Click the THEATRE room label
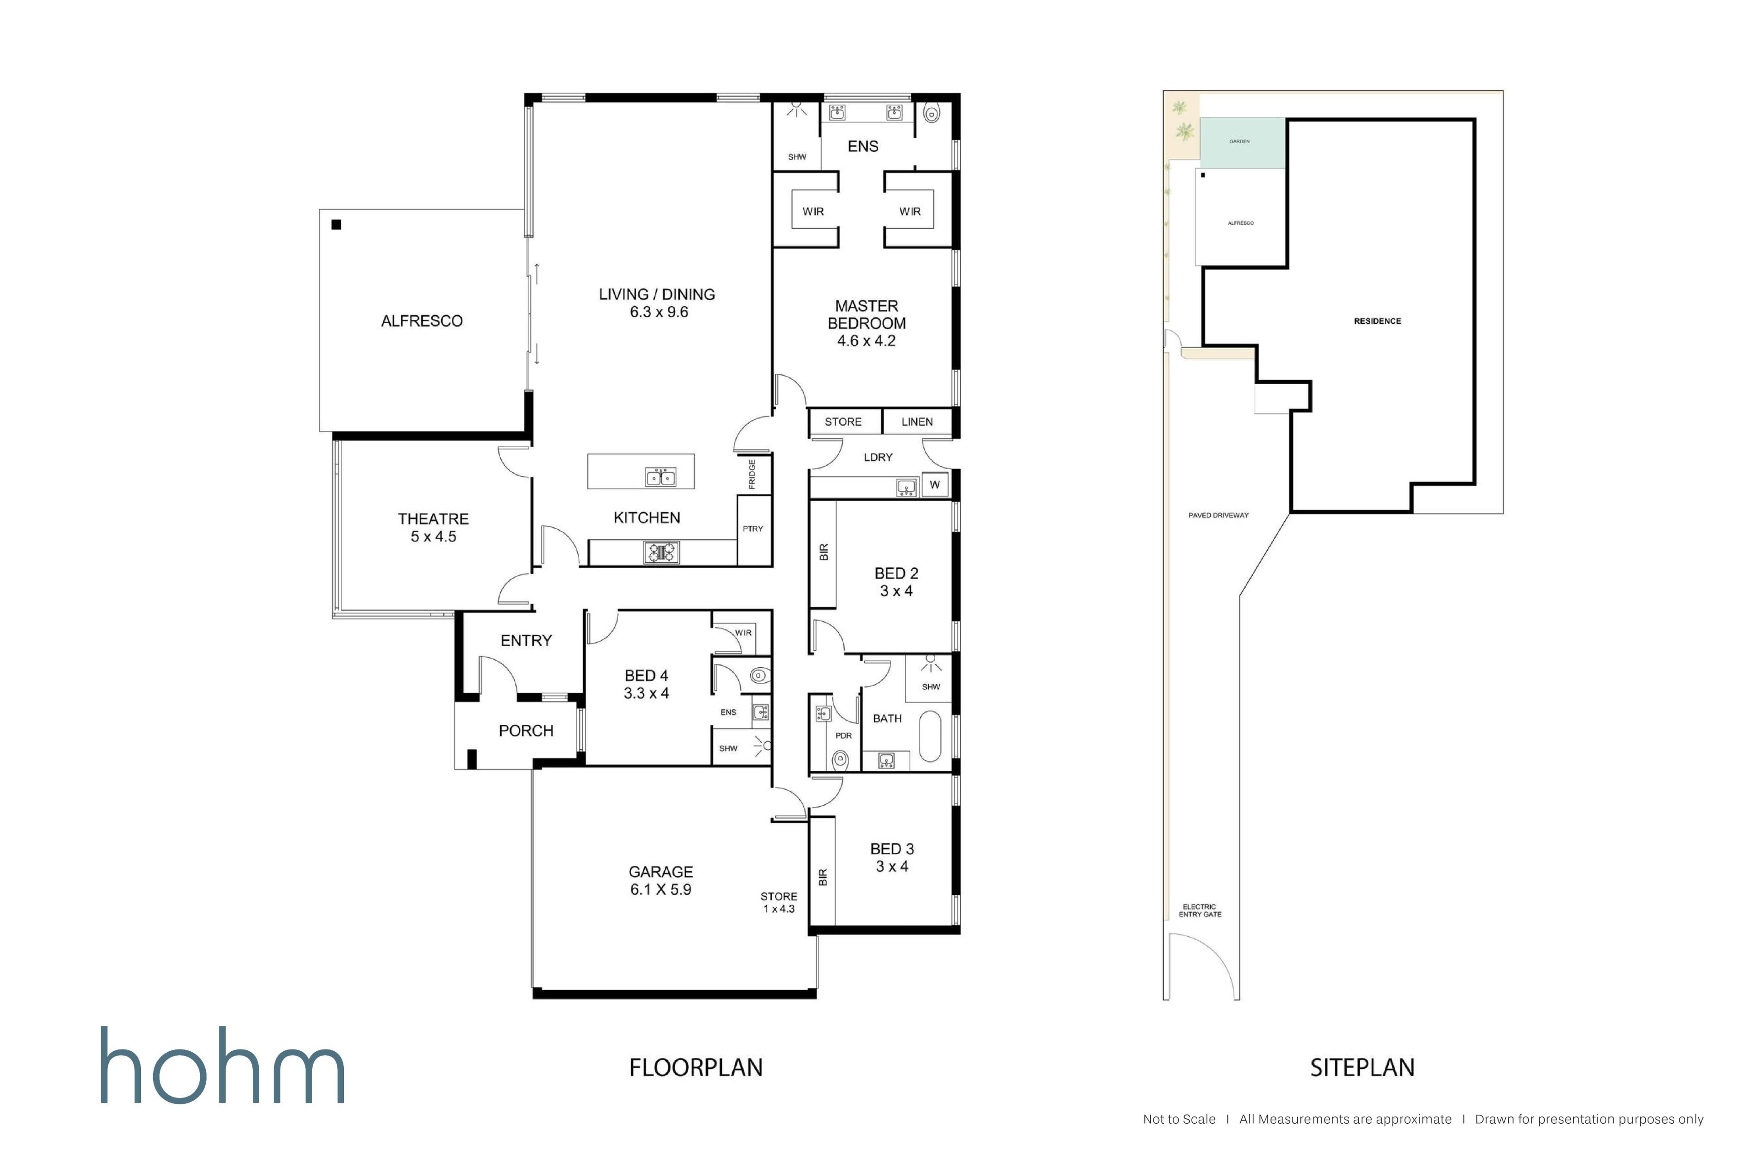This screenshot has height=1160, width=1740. [x=434, y=518]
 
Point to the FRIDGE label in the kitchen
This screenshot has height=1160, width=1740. [x=752, y=474]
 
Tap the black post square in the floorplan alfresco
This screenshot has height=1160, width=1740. [x=336, y=225]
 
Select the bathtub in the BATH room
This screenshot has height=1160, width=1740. [x=930, y=736]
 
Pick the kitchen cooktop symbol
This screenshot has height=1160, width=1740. [x=662, y=552]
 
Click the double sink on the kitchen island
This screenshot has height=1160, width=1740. [x=661, y=477]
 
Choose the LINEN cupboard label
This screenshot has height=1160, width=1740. [x=917, y=422]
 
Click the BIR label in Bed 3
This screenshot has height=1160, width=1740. [x=823, y=877]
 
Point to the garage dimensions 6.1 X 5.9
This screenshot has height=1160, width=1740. [x=661, y=889]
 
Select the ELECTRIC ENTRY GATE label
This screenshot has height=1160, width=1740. [x=1200, y=911]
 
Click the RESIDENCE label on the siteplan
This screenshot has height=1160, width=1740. [x=1377, y=321]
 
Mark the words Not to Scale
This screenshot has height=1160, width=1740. [x=1179, y=1119]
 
